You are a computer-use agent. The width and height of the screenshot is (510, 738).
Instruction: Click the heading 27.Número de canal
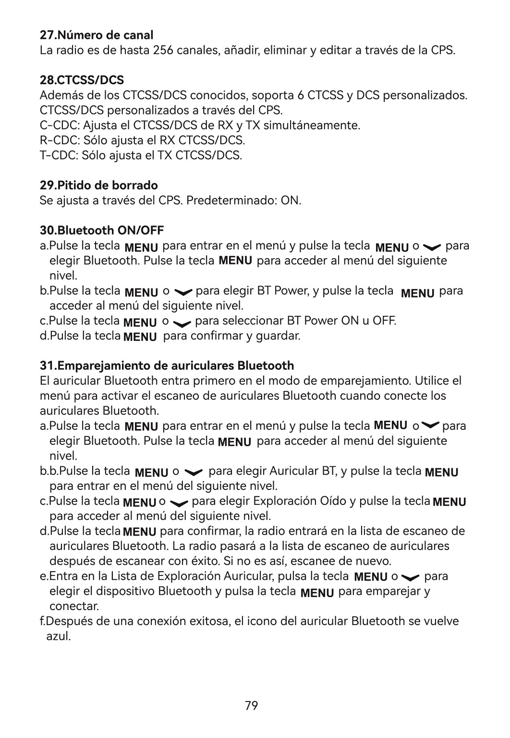(97, 35)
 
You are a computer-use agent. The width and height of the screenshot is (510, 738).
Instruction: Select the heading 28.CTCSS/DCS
(82, 80)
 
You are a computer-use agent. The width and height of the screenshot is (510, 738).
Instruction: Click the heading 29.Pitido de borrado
(98, 185)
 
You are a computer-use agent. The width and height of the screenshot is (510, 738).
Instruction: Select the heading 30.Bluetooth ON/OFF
(102, 230)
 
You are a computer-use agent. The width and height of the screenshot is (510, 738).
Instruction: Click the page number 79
(251, 706)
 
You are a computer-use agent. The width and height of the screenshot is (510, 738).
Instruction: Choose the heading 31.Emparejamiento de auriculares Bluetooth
(167, 366)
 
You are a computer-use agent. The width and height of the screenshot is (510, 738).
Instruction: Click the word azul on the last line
(59, 637)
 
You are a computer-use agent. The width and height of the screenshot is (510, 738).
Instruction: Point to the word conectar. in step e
(74, 606)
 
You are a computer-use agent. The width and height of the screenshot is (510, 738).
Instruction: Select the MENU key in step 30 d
(140, 337)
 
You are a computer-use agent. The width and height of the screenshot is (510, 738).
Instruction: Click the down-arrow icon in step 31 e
(410, 577)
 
